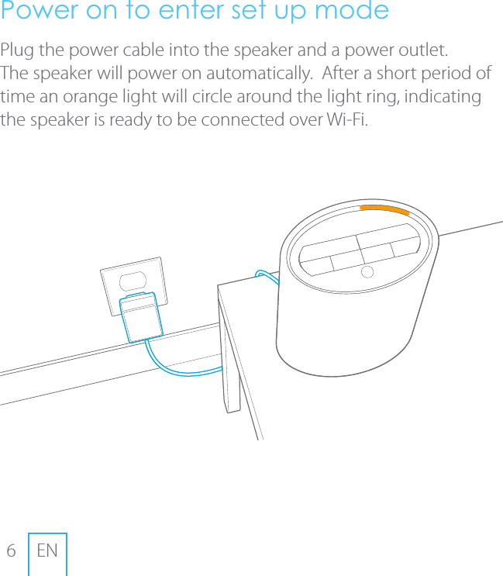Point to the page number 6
11,551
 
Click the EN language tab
47,551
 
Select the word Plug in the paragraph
17,52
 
